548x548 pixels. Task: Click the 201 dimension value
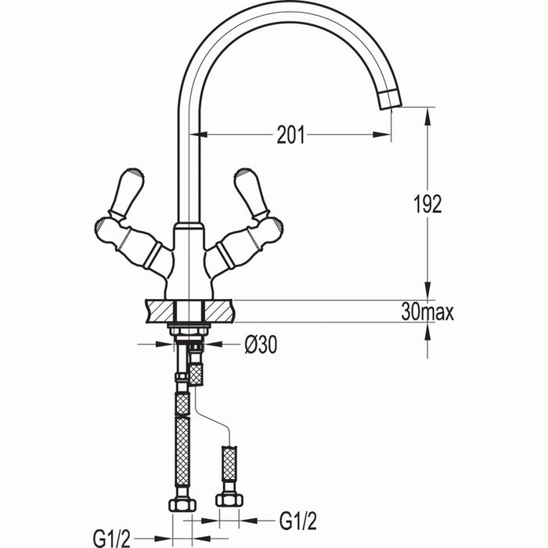[x=291, y=135]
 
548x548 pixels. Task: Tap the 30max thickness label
[x=427, y=312]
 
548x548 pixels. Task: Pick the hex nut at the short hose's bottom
[x=229, y=499]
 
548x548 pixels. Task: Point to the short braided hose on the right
[x=229, y=463]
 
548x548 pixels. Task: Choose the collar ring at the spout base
[x=188, y=228]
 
